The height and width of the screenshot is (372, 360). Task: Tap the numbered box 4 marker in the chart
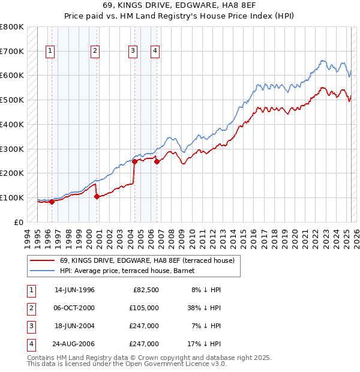(x=155, y=52)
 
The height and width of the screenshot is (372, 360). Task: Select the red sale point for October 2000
(x=97, y=196)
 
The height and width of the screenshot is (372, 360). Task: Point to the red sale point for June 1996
(x=52, y=202)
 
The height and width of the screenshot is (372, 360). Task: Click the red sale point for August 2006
(x=157, y=161)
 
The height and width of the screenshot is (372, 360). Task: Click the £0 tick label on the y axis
(x=18, y=222)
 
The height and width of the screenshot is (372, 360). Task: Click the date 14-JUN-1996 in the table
(x=74, y=290)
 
